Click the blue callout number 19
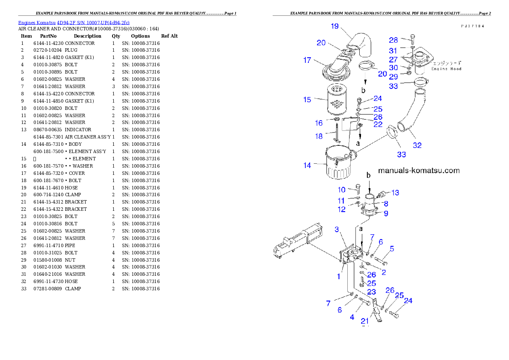[x=334, y=27]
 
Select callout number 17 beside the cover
[x=307, y=60]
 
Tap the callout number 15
[x=307, y=100]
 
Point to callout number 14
[x=307, y=165]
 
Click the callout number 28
[x=394, y=40]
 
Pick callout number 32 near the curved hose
[x=417, y=145]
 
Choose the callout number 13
[x=395, y=193]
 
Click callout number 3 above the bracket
[x=337, y=230]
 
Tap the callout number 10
[x=342, y=190]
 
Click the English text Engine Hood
[x=446, y=69]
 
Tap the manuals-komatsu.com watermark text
[x=419, y=171]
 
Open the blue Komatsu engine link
[x=74, y=22]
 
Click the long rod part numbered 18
[x=337, y=133]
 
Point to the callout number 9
[x=386, y=213]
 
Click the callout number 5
[x=391, y=249]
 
